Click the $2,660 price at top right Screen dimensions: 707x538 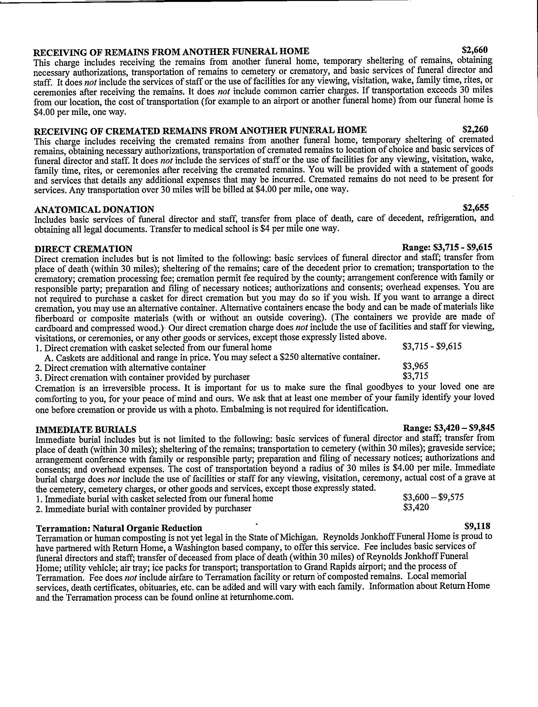475,50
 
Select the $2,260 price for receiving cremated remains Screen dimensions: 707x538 476,129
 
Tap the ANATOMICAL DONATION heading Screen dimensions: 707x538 94,209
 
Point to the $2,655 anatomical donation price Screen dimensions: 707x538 476,208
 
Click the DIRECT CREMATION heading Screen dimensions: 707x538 83,249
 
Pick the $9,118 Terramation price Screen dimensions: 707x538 477,526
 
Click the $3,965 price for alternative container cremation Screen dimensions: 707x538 415,366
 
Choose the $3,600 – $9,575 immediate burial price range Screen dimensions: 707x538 433,497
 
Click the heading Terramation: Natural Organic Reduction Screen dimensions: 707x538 119,528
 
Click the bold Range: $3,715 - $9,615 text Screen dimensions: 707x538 447,247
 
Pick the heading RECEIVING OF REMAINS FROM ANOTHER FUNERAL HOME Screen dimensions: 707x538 171,51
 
